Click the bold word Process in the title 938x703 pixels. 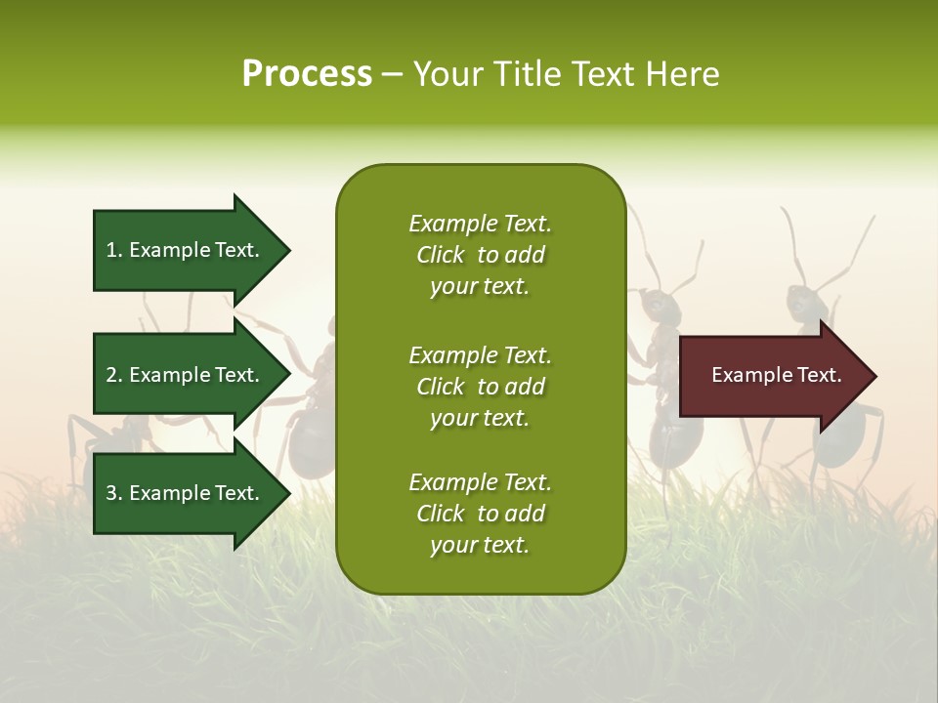[x=307, y=74]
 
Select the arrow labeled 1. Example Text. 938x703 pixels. [x=186, y=250]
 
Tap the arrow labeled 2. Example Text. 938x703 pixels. [x=186, y=375]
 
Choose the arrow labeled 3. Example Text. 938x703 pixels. [x=186, y=493]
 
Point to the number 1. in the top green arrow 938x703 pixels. [x=114, y=250]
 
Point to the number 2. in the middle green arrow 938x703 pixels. [x=114, y=375]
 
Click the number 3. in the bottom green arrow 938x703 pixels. [x=114, y=493]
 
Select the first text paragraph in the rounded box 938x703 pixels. [x=480, y=255]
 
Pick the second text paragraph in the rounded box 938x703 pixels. [x=480, y=387]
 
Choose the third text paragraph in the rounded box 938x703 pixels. [x=480, y=514]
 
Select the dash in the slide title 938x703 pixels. [x=392, y=75]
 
